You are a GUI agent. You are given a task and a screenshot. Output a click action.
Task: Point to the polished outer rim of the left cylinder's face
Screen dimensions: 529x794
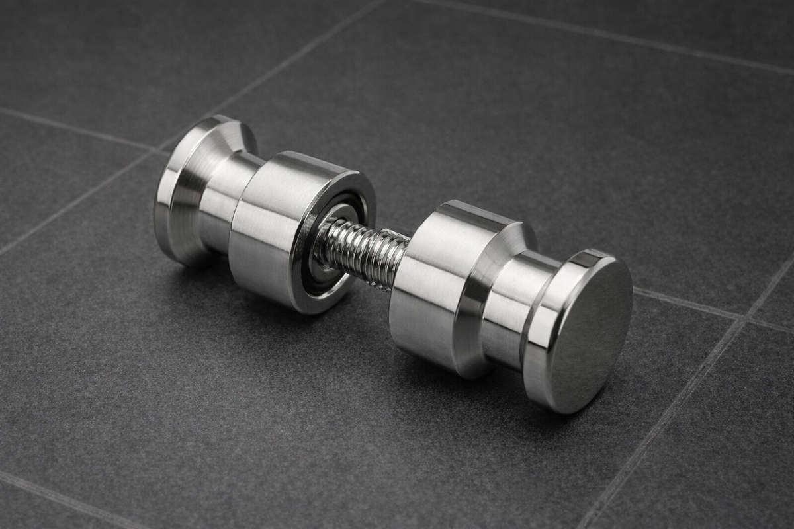361,198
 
